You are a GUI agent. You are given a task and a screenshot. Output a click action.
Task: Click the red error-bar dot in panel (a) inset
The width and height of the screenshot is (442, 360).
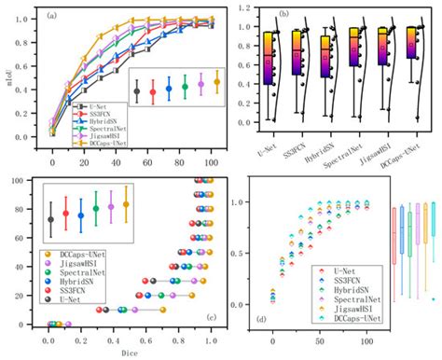coord(153,92)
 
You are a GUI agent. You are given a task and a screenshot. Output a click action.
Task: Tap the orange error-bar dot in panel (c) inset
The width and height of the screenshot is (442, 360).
coord(127,203)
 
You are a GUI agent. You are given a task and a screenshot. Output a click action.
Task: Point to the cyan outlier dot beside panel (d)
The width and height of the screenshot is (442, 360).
coord(434,298)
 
